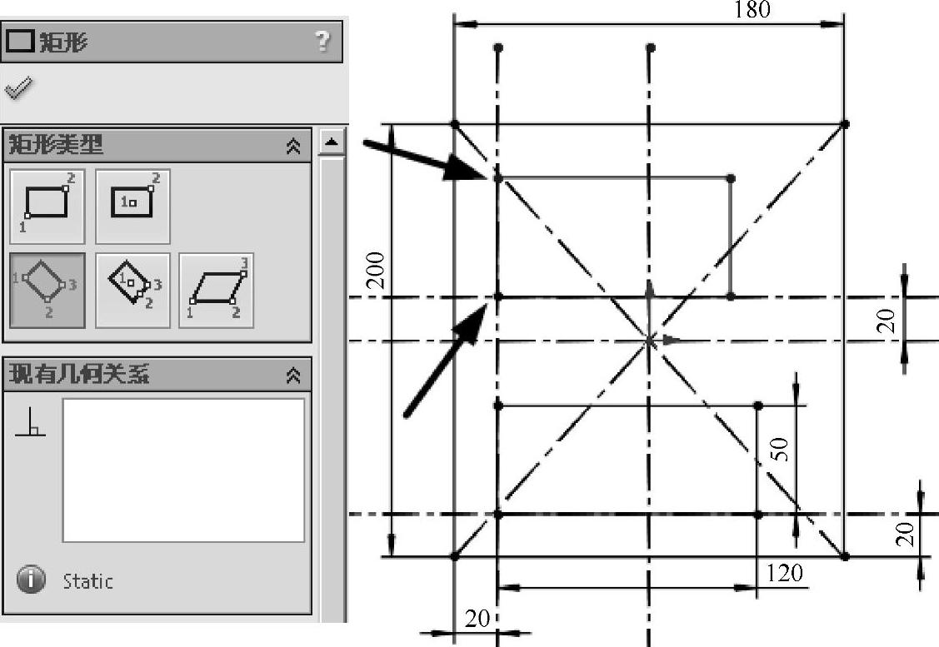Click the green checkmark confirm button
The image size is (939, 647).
(18, 87)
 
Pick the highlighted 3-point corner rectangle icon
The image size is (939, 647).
(47, 290)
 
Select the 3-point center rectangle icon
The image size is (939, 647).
(132, 290)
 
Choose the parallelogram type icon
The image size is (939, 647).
(217, 290)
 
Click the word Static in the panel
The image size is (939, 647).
(87, 581)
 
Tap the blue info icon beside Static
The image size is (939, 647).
(31, 580)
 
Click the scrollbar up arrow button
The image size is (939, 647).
(332, 142)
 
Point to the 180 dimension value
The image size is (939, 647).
(752, 10)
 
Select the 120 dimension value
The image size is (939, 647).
(784, 573)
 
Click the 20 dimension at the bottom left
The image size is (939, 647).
(477, 619)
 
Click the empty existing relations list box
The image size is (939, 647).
(183, 470)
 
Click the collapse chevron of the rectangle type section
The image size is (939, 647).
(293, 147)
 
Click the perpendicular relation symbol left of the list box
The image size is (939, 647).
(31, 425)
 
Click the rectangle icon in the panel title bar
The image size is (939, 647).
(20, 42)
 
